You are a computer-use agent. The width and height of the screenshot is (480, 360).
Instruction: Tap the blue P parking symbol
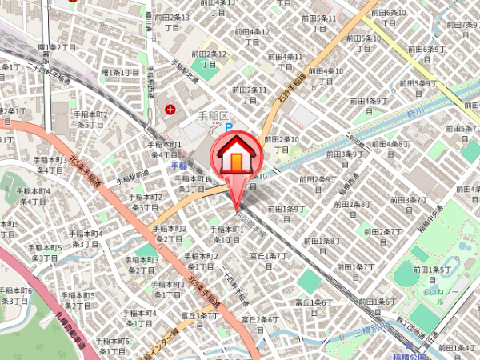click(227, 127)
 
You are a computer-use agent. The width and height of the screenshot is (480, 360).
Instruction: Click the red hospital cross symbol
click(170, 110)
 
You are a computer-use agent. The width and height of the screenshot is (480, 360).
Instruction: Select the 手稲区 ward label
click(212, 114)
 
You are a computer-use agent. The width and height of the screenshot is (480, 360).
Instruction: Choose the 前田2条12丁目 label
click(210, 59)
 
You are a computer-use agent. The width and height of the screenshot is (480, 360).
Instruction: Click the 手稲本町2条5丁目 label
click(90, 119)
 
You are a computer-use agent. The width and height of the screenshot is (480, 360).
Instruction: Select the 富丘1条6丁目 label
click(313, 307)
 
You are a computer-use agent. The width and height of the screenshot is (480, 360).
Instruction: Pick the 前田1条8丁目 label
click(322, 246)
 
